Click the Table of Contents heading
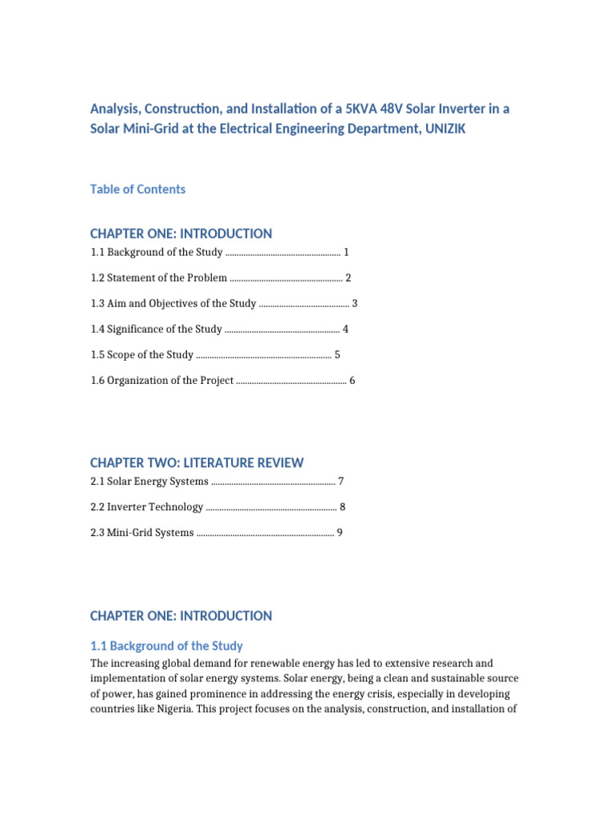pos(138,190)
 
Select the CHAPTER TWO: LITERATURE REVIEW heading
pos(197,463)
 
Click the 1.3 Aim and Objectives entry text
pos(173,304)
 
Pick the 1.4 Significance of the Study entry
pos(156,330)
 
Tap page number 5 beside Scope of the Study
pos(337,355)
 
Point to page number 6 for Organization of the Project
pos(352,381)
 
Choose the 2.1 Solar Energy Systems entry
pos(150,481)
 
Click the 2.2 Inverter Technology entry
pos(147,507)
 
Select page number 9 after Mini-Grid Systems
pos(340,533)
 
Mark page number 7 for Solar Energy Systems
pos(341,481)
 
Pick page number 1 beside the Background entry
pos(346,253)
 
